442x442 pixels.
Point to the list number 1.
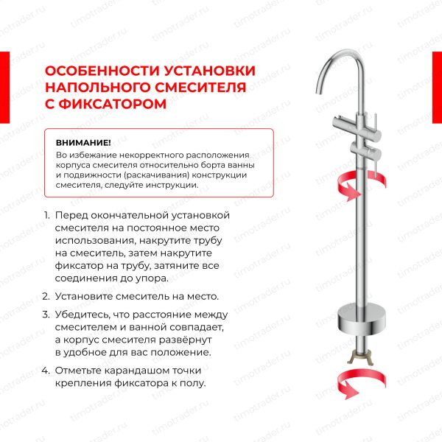pyautogui.click(x=46, y=214)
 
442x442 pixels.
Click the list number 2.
pyautogui.click(x=46, y=296)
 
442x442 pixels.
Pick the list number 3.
pyautogui.click(x=46, y=313)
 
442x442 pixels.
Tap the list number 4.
pyautogui.click(x=46, y=371)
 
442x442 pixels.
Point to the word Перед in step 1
pyautogui.click(x=71, y=214)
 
